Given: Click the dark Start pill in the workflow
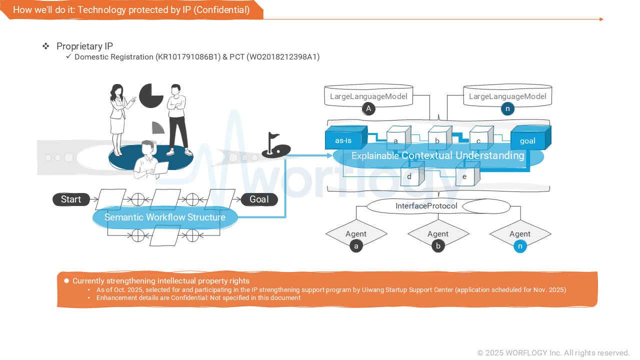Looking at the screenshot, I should pos(71,199).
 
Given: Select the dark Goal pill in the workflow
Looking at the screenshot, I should pos(259,199).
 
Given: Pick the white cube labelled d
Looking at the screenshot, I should pos(409,176).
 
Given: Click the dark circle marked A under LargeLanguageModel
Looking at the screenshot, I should pos(368,108).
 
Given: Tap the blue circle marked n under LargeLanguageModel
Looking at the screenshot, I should pos(507,108).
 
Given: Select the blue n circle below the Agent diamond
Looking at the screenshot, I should pos(520,246).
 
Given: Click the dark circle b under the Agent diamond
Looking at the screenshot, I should pos(438,246).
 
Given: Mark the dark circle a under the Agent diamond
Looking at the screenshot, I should pos(356,246).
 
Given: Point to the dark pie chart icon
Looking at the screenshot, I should pos(151,95).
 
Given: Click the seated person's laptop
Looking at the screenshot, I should pos(160,168).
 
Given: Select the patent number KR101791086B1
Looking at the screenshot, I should pos(188,57).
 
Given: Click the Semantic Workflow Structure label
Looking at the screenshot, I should pos(164,217).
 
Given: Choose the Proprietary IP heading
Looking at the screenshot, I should pos(84,46).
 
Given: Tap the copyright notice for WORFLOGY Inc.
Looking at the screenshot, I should pos(553,352).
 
